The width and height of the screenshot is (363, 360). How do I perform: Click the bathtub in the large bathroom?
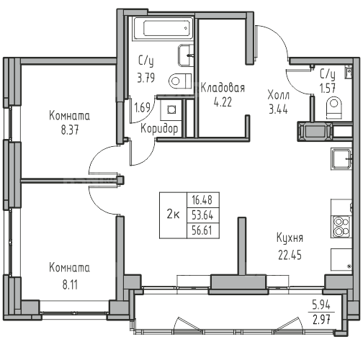[x=163, y=28]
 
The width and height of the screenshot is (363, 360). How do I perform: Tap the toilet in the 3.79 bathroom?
[x=180, y=81]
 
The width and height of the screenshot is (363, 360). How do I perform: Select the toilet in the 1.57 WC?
[x=333, y=107]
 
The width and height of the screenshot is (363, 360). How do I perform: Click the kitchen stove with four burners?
[x=342, y=227]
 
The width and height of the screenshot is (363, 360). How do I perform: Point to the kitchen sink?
[x=341, y=159]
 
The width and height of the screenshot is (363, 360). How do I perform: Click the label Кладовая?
[x=223, y=88]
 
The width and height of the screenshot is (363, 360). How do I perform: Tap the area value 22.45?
[x=290, y=255]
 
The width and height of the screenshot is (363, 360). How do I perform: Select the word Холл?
[x=279, y=96]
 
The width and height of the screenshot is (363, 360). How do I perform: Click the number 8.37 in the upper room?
[x=70, y=130]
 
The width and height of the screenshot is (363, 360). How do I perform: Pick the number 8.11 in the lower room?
[x=70, y=285]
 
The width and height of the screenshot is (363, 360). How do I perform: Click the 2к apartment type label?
[x=173, y=215]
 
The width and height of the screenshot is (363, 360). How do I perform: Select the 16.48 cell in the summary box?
[x=202, y=199]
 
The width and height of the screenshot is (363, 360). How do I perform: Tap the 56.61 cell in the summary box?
[x=202, y=230]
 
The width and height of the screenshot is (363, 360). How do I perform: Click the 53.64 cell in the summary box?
[x=202, y=215]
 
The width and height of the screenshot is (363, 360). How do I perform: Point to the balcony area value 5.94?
[x=321, y=305]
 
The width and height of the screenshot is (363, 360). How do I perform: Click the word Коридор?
[x=159, y=129]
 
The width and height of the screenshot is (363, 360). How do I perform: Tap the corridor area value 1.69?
[x=143, y=107]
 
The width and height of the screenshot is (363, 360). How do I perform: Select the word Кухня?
[x=290, y=238]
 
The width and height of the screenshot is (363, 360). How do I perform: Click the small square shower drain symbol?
[x=171, y=109]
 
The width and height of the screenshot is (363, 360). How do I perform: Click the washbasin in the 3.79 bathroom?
[x=186, y=55]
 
